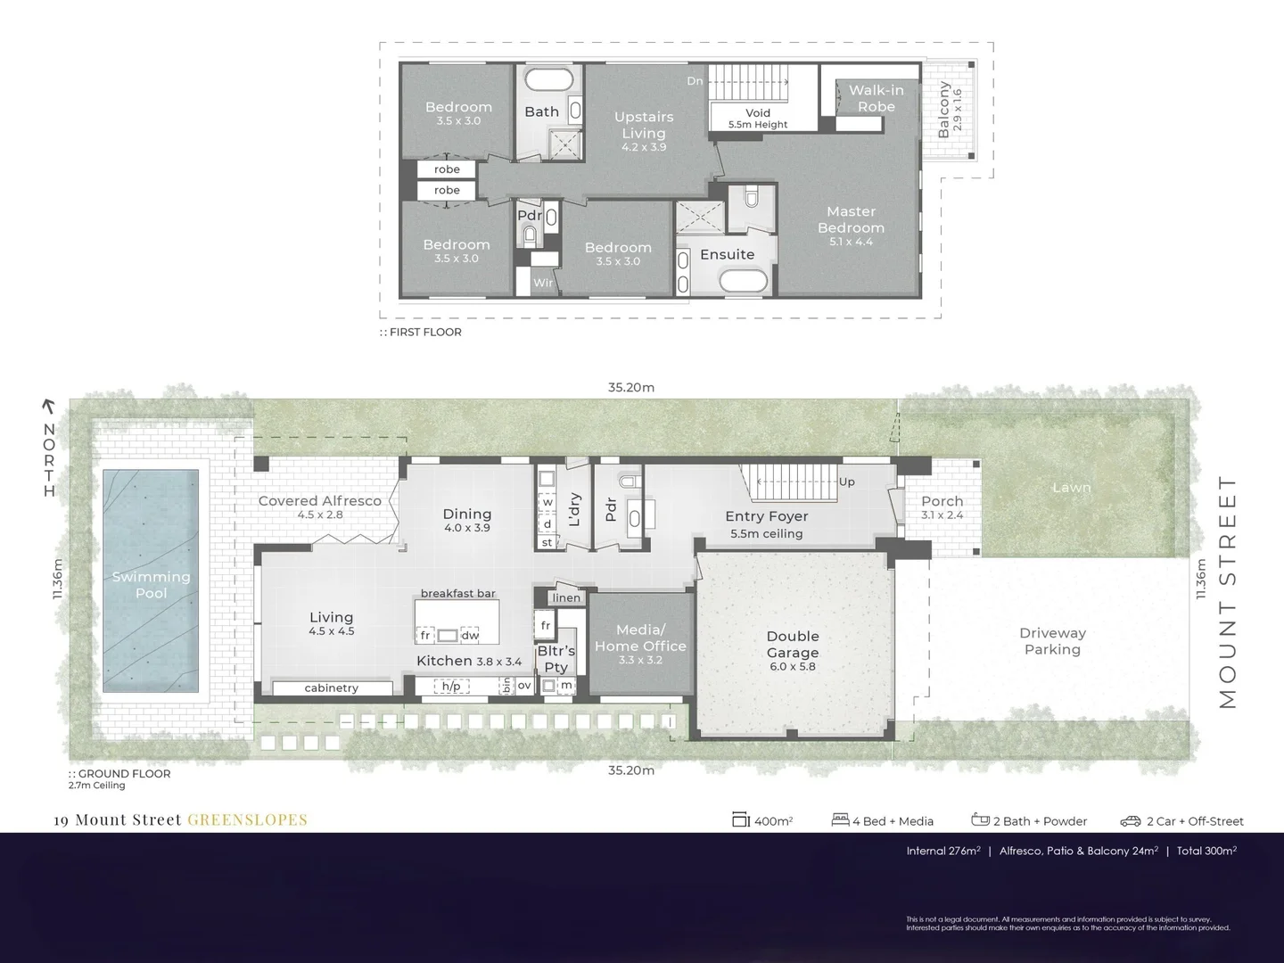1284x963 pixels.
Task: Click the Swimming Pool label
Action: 151,585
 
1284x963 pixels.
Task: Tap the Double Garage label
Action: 793,645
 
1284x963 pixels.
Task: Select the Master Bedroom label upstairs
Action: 851,219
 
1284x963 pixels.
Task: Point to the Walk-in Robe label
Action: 876,98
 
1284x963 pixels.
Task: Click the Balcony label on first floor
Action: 944,110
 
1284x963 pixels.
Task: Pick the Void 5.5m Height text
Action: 758,119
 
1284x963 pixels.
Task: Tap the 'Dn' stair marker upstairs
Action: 695,81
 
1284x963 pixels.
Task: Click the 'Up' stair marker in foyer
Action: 846,481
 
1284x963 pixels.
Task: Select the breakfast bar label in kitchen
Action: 457,593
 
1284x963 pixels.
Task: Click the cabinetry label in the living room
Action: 331,687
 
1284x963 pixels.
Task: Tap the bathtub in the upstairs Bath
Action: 548,78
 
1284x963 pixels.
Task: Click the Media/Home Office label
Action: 640,638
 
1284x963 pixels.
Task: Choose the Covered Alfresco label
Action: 319,501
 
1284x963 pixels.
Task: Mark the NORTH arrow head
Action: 49,407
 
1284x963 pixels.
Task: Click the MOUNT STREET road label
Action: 1228,591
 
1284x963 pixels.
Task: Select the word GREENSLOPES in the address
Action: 247,819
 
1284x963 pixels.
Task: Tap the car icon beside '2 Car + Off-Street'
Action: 1131,821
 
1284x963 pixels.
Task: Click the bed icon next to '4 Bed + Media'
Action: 839,819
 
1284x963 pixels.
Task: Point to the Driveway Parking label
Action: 1052,641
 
